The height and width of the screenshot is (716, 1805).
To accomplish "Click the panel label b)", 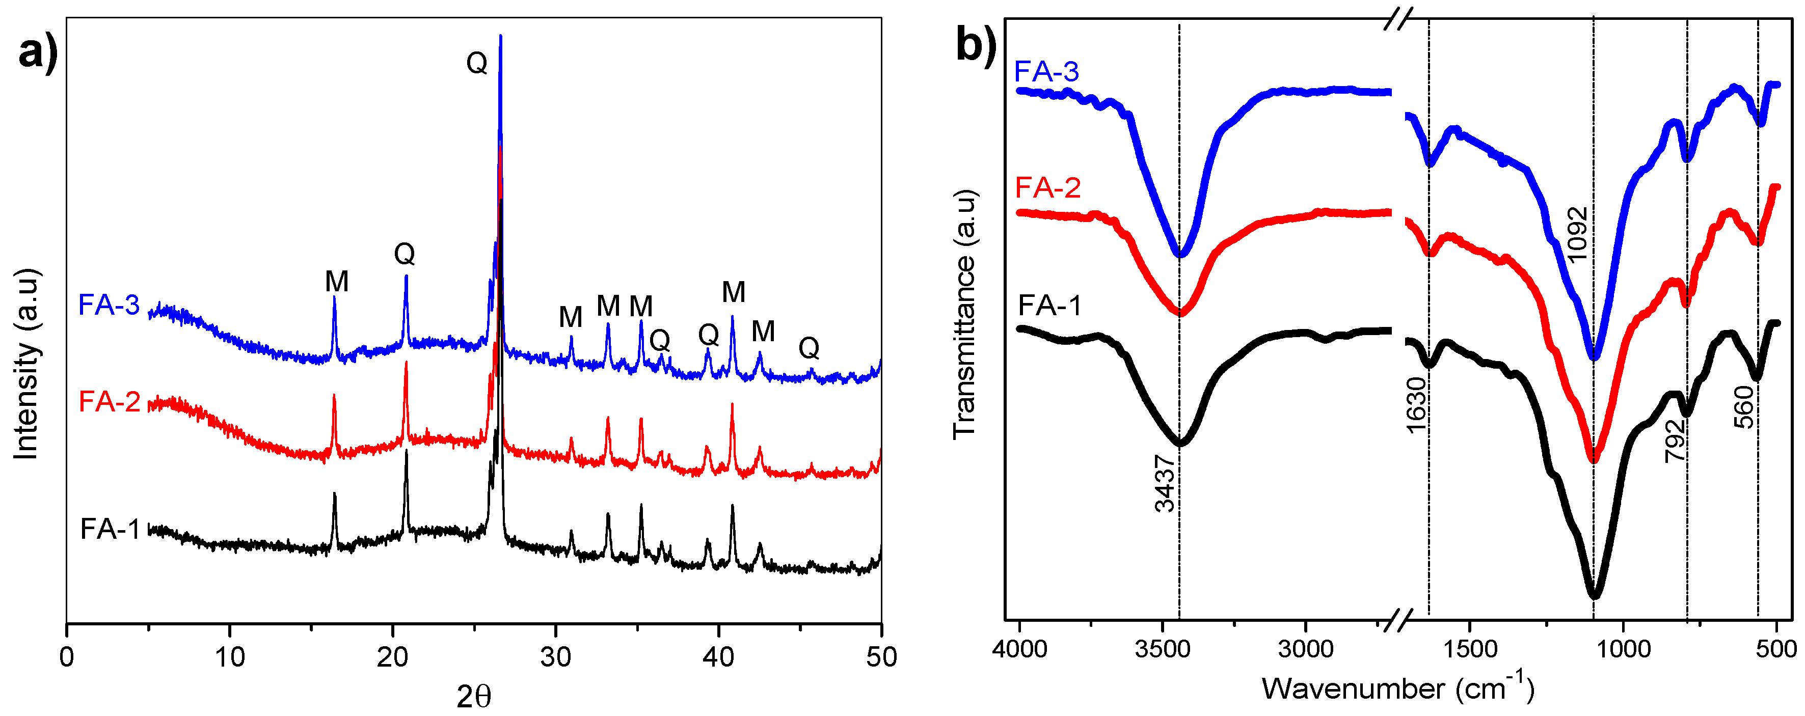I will pyautogui.click(x=976, y=48).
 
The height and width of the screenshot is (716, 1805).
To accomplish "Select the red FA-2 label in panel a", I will pyautogui.click(x=110, y=401).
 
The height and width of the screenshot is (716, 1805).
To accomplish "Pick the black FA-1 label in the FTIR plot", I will pyautogui.click(x=1049, y=306).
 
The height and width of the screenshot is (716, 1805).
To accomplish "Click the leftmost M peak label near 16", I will pyautogui.click(x=336, y=282).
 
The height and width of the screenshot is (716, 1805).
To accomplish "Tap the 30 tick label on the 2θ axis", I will pyautogui.click(x=555, y=657).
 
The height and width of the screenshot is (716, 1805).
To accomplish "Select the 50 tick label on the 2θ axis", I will pyautogui.click(x=881, y=657).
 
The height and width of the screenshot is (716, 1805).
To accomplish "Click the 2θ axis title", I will pyautogui.click(x=474, y=696).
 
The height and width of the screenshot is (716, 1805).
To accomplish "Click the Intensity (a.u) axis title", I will pyautogui.click(x=26, y=364).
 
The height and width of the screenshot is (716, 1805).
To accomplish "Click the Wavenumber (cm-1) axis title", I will pyautogui.click(x=1398, y=688).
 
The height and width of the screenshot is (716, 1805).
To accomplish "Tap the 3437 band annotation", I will pyautogui.click(x=1164, y=483).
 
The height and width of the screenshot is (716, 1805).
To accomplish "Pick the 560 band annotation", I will pyautogui.click(x=1744, y=407).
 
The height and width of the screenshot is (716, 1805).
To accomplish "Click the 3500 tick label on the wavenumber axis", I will pyautogui.click(x=1163, y=649).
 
